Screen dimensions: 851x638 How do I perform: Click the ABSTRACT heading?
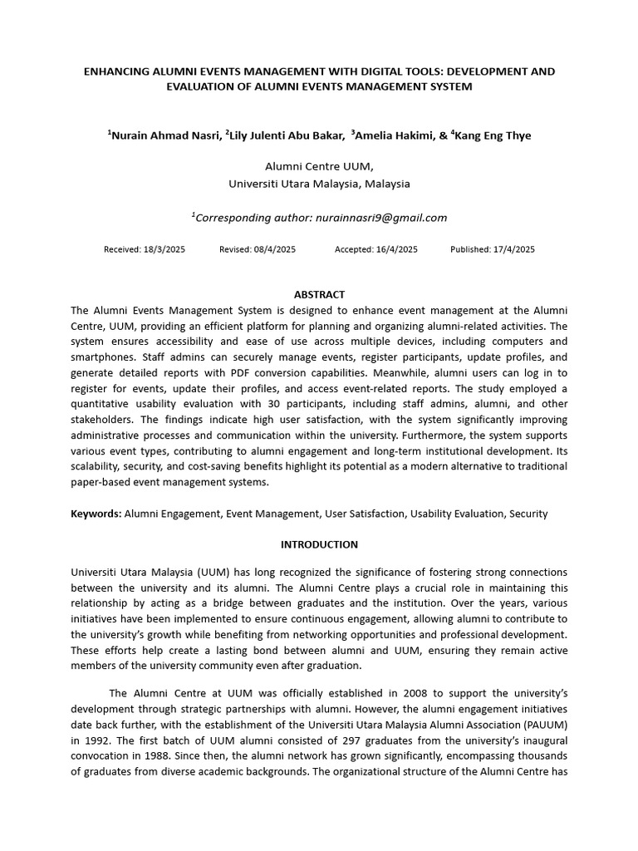(x=319, y=294)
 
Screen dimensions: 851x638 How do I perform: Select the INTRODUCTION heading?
(x=319, y=544)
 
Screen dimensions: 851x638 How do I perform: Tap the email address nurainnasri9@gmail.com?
(x=380, y=218)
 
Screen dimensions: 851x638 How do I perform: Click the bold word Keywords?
(x=96, y=514)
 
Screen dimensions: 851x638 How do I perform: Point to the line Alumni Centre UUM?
(x=319, y=166)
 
